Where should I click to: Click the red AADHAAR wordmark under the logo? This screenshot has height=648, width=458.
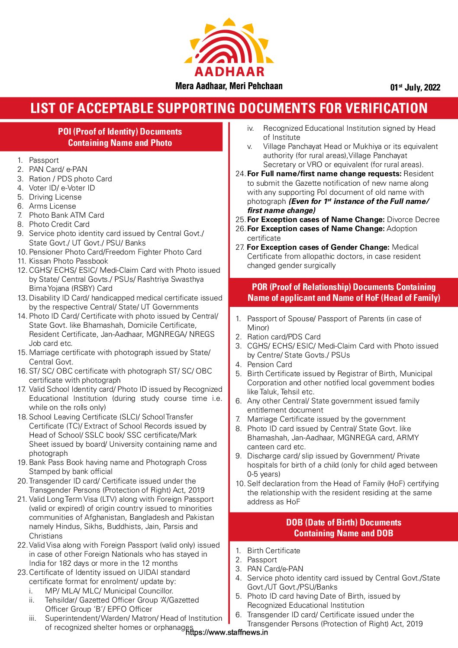229,72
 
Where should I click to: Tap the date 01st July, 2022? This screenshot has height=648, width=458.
415,87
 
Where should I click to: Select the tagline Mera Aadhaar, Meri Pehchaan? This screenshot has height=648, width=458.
229,86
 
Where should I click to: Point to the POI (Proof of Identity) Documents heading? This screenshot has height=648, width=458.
120,137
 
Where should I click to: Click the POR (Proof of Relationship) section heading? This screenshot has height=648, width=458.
344,292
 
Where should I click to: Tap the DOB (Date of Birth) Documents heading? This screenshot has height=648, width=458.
344,528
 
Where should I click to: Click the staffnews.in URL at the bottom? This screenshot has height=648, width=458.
226,632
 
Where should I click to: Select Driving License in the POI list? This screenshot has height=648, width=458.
55,197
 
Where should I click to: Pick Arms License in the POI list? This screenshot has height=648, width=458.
52,206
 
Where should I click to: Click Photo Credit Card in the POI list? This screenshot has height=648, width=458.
59,224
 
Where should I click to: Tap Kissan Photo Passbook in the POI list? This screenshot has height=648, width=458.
68,261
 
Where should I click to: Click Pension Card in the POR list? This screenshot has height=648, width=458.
269,364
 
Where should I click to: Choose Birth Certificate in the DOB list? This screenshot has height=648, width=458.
274,551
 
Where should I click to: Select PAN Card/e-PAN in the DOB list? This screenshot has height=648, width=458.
275,569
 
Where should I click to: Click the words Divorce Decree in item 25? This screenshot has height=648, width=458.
413,219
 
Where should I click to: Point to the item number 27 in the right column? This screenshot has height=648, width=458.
240,247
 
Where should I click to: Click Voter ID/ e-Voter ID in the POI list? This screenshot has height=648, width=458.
62,188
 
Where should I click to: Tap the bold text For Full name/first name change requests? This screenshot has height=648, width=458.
324,174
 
